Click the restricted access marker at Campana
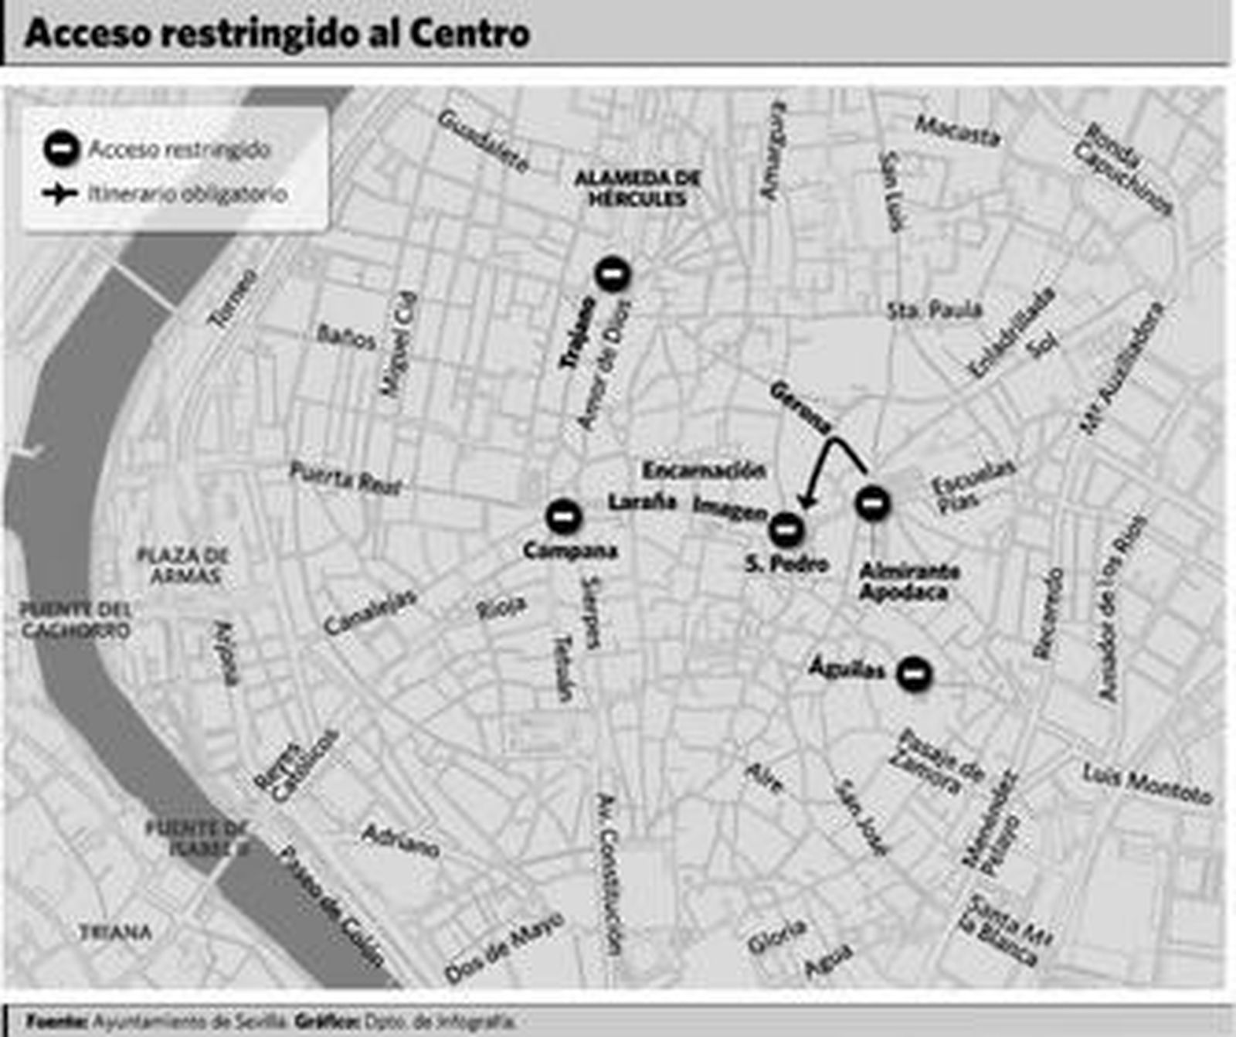click(563, 515)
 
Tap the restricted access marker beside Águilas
click(914, 674)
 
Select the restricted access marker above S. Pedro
click(786, 530)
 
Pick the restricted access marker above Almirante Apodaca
click(872, 503)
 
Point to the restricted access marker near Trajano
click(613, 274)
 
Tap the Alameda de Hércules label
click(637, 189)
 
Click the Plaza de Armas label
click(182, 565)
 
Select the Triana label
click(116, 933)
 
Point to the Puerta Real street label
click(345, 478)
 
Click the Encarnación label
click(704, 470)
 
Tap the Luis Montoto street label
click(1147, 784)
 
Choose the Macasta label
click(958, 131)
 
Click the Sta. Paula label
click(935, 311)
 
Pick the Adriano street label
click(400, 841)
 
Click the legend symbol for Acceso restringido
click(61, 148)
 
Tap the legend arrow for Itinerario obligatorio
click(59, 193)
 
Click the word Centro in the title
click(469, 33)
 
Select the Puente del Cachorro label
click(76, 620)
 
